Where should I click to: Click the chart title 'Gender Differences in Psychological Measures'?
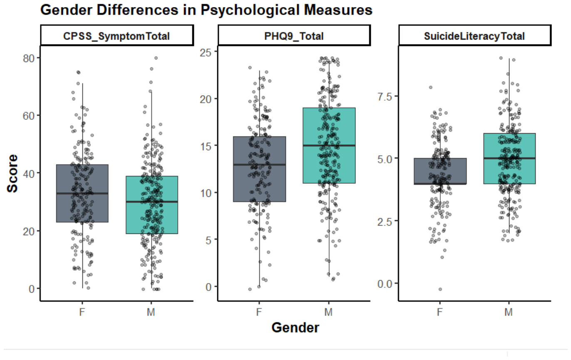(x=206, y=10)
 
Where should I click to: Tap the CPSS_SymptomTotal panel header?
(x=117, y=35)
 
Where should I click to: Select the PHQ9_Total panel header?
(x=294, y=35)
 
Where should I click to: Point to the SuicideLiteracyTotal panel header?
(x=474, y=35)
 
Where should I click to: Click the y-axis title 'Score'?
(x=12, y=174)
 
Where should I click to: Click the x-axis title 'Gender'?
(x=295, y=328)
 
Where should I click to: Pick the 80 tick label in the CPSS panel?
(x=29, y=58)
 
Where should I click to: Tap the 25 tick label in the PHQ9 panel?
(x=206, y=52)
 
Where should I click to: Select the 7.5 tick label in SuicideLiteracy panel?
(x=385, y=97)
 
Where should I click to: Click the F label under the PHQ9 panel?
(x=259, y=312)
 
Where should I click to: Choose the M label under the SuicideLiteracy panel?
(x=509, y=312)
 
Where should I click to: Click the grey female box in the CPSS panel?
(x=82, y=193)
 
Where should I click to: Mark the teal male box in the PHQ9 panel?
(x=329, y=145)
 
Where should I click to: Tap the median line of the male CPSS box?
(x=152, y=202)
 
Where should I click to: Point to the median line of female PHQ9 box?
(x=260, y=164)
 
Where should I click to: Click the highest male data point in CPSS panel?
(x=156, y=58)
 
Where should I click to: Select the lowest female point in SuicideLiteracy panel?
(x=440, y=289)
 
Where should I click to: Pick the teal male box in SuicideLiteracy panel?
(x=509, y=158)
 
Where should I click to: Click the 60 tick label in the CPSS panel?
(x=29, y=116)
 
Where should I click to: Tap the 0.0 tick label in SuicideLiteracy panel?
(x=385, y=284)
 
